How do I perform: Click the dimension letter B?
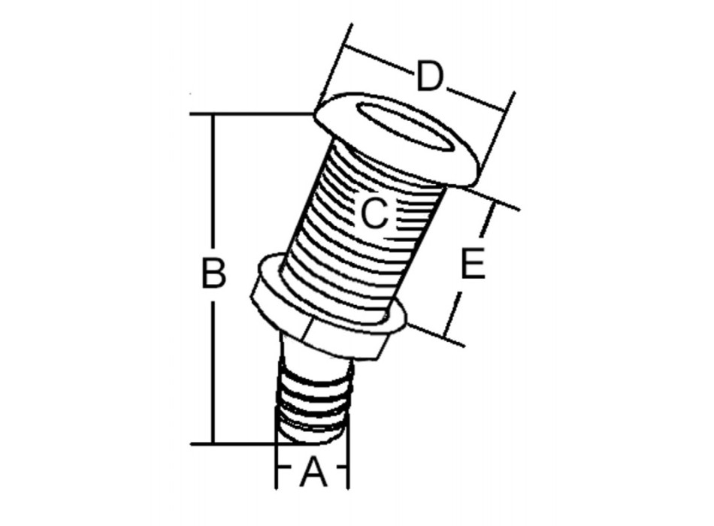(214, 274)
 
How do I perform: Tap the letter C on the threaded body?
(374, 214)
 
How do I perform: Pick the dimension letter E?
(473, 265)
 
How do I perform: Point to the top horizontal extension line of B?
(248, 114)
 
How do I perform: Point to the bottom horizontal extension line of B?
(241, 443)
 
